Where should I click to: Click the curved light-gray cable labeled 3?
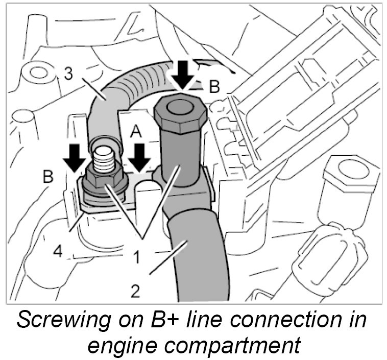click(x=110, y=97)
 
